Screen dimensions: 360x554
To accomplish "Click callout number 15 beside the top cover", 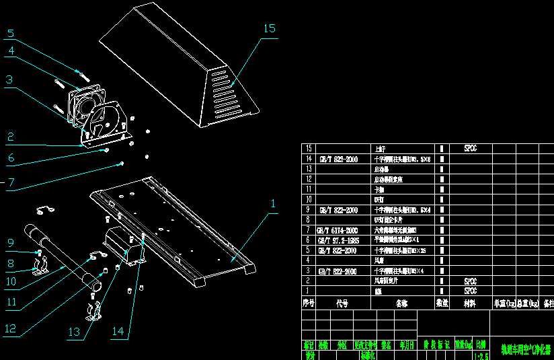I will [269, 28].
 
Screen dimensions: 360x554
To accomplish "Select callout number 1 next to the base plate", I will [273, 203].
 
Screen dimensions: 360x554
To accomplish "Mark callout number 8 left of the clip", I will [10, 264].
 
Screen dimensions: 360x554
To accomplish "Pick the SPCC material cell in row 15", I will [470, 147].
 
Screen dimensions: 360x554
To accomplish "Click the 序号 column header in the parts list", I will [309, 303].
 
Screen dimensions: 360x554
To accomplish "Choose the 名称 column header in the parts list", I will [401, 303].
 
